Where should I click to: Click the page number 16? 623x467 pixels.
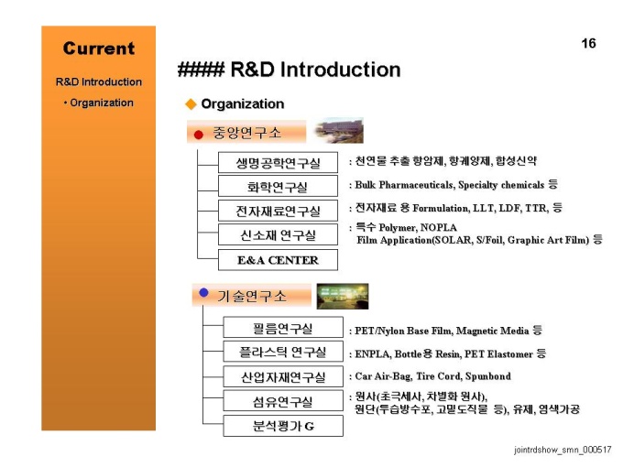[x=588, y=43]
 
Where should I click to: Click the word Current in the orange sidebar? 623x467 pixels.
[x=99, y=49]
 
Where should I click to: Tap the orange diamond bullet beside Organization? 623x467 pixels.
[x=191, y=104]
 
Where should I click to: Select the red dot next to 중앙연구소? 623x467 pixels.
[x=199, y=135]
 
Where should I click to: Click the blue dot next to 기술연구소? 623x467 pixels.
[x=203, y=293]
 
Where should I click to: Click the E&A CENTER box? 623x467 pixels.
[x=278, y=260]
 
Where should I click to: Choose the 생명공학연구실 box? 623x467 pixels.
[x=278, y=162]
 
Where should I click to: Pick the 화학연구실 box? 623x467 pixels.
[x=278, y=186]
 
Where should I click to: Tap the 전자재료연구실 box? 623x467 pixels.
[x=278, y=211]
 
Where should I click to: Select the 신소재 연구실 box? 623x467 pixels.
[x=278, y=234]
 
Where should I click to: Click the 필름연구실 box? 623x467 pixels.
[x=283, y=327]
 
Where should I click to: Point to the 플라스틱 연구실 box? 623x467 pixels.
[x=283, y=352]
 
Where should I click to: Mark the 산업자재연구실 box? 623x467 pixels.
[x=283, y=376]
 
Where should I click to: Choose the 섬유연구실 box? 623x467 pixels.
[x=283, y=401]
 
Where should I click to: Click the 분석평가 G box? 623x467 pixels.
[x=283, y=426]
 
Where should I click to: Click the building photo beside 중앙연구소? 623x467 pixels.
[x=338, y=131]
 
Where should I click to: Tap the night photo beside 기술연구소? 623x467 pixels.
[x=343, y=297]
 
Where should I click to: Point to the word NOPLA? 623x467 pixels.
[x=438, y=227]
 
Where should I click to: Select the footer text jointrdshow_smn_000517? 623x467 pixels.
[x=563, y=450]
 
